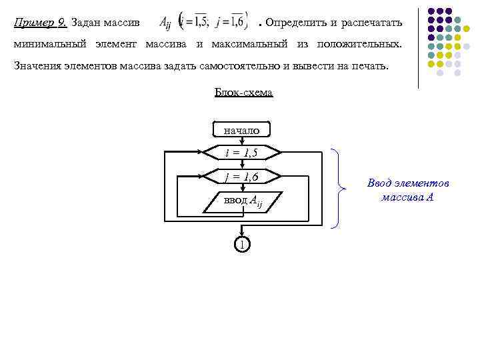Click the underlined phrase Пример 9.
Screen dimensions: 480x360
(39, 23)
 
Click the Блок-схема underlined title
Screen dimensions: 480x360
(243, 93)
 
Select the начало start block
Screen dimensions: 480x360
(241, 130)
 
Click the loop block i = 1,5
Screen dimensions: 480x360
(241, 153)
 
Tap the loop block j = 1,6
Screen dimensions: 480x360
(241, 177)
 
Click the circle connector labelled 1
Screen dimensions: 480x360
(241, 245)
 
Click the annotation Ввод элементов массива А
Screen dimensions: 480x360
(408, 190)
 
